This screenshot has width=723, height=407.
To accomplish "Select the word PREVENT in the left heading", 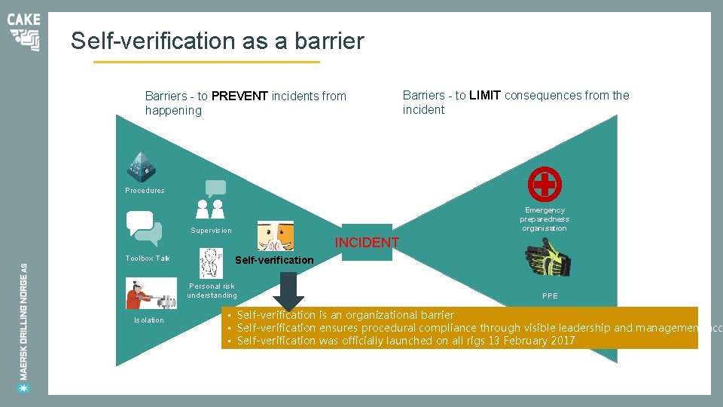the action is click(x=239, y=96).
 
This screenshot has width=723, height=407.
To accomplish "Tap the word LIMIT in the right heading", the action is click(x=485, y=96).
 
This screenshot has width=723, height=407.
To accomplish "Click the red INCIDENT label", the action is click(x=367, y=243).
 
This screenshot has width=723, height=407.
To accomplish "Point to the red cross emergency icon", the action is click(x=545, y=184).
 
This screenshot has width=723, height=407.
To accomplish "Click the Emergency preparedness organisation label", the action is click(x=545, y=219).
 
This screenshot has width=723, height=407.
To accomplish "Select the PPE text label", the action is click(x=550, y=296).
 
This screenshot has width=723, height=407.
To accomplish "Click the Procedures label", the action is click(x=145, y=191).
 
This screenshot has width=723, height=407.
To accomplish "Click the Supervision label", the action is click(x=211, y=231).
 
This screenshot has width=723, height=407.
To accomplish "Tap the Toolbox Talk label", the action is click(x=148, y=259).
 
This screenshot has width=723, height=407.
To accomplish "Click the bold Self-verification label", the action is click(x=274, y=260).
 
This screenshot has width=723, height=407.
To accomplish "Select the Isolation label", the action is click(x=148, y=320).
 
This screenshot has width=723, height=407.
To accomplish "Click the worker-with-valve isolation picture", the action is click(x=151, y=293).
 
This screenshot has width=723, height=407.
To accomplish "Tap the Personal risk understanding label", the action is click(x=212, y=291).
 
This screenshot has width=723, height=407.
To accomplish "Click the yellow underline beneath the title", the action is click(x=206, y=62).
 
